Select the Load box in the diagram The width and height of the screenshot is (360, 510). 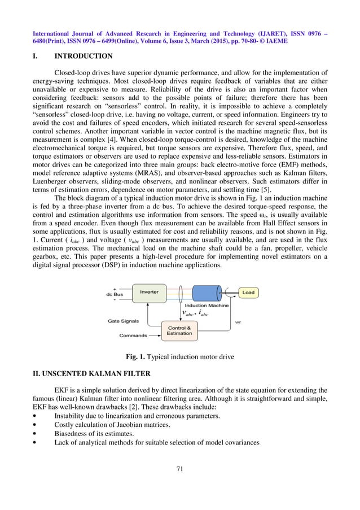point(248,293)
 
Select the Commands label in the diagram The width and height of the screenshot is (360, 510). point(133,335)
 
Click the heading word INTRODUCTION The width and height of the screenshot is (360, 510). point(83,56)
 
